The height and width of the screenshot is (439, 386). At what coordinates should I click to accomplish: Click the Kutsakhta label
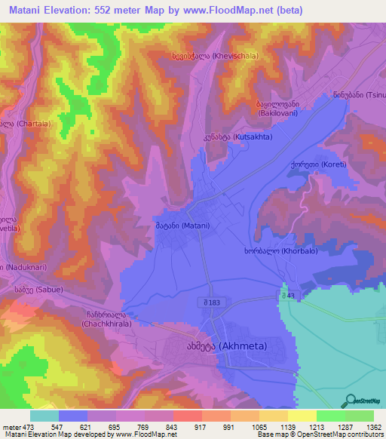241,138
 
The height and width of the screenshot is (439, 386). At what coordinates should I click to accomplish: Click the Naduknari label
21,267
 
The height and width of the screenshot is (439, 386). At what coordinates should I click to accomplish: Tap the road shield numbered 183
210,303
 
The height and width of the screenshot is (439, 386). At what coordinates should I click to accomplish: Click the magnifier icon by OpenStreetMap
349,401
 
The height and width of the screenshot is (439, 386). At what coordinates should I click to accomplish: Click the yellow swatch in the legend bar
302,416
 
